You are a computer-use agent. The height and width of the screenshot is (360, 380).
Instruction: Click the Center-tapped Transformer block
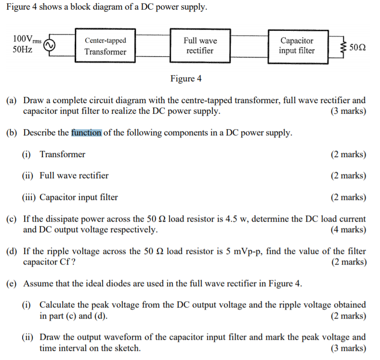tap(105, 46)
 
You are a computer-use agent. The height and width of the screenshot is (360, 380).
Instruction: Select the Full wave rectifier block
tap(200, 46)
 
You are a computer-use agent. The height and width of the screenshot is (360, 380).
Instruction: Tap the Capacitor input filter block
tap(297, 46)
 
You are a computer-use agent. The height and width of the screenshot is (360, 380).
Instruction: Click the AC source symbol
tap(49, 45)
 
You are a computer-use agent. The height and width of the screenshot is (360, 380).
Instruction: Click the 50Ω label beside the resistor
tap(357, 48)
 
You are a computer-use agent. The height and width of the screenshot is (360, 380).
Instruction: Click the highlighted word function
tap(86, 133)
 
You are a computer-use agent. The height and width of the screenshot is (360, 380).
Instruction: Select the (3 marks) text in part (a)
tap(348, 111)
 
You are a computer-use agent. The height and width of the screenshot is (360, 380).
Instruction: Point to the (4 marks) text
tap(348, 229)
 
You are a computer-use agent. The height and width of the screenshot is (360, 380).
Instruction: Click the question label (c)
tap(12, 219)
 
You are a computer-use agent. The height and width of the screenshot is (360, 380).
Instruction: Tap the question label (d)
tap(12, 252)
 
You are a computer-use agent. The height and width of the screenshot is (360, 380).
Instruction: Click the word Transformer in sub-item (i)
tap(62, 155)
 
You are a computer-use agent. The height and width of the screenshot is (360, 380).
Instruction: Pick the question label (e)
tap(12, 283)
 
